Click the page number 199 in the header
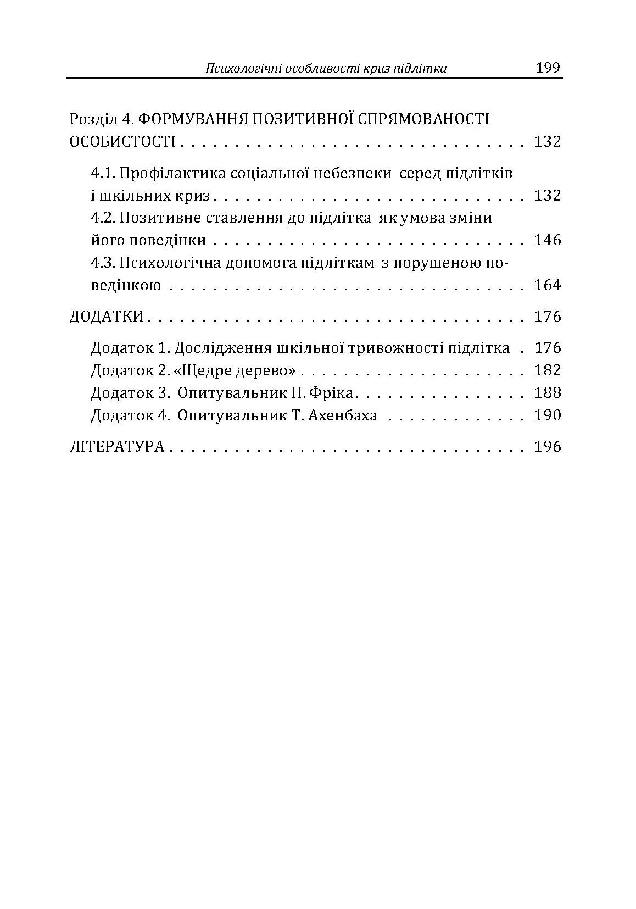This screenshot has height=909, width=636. (x=548, y=68)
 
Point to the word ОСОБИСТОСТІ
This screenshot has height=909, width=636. (x=122, y=142)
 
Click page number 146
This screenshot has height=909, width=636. (x=548, y=240)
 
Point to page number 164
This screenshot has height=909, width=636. (x=548, y=285)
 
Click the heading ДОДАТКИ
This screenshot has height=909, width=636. (x=107, y=317)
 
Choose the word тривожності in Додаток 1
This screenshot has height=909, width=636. (x=395, y=348)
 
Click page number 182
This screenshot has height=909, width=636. (x=548, y=370)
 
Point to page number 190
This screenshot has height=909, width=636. (x=548, y=415)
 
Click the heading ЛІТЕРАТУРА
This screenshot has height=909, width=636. (x=117, y=447)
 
